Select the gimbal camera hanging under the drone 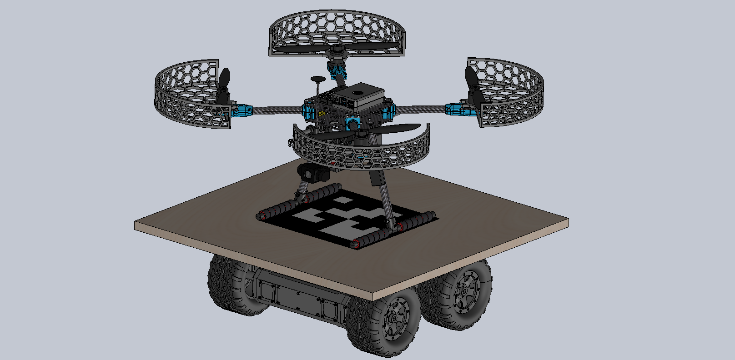tap(312, 172)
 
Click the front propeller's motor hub tap(362, 135)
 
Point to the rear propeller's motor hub tap(337, 49)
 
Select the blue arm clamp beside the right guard tap(455, 109)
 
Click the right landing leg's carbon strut tap(385, 200)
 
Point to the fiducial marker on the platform tap(347, 214)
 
